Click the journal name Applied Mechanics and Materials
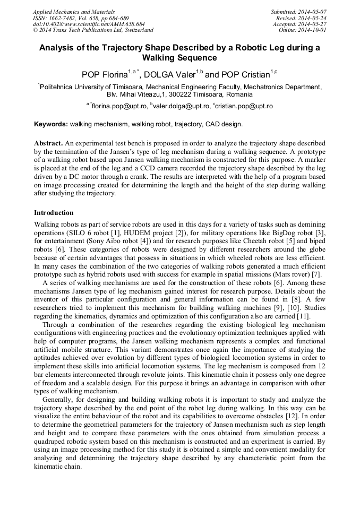74,12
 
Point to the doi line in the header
89,24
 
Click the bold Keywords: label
51,124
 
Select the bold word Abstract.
49,143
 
